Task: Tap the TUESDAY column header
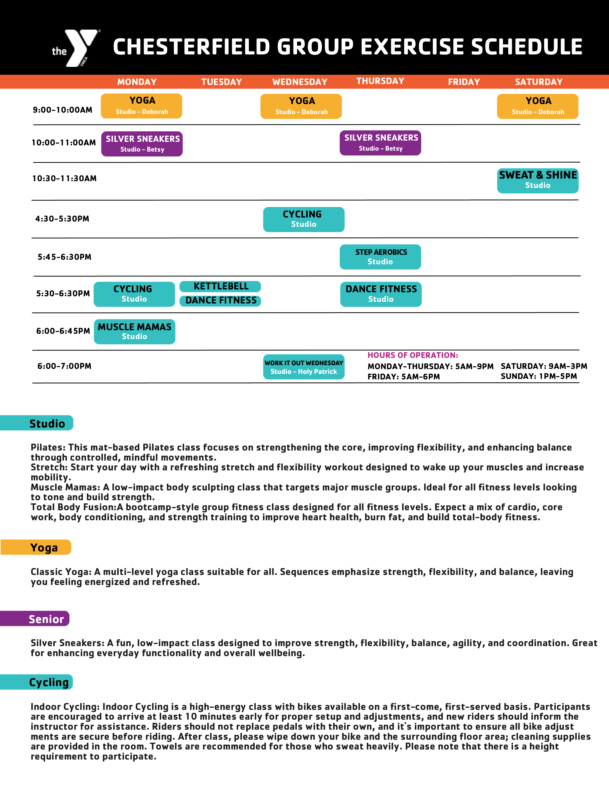point(221,82)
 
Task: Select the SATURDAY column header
point(538,82)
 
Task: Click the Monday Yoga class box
point(141,106)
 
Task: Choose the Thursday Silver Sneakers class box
point(380,143)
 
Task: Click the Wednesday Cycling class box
point(303,219)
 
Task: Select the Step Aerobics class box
point(380,257)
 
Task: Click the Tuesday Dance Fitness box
point(220,301)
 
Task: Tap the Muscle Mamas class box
point(134,332)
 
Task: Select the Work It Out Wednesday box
point(303,367)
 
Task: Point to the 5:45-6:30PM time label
point(64,257)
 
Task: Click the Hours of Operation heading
point(413,355)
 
